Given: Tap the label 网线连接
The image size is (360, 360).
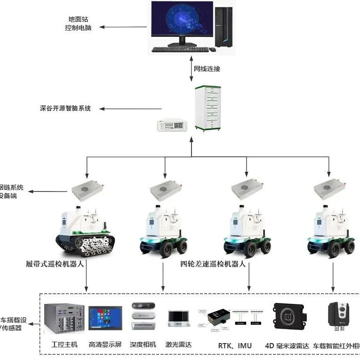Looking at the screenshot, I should coord(207,69).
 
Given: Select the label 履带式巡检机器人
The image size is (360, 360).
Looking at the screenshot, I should coord(55,264).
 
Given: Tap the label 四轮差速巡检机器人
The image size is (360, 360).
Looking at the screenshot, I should coord(213,264).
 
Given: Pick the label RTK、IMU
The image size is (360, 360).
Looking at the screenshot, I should coord(234,346).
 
